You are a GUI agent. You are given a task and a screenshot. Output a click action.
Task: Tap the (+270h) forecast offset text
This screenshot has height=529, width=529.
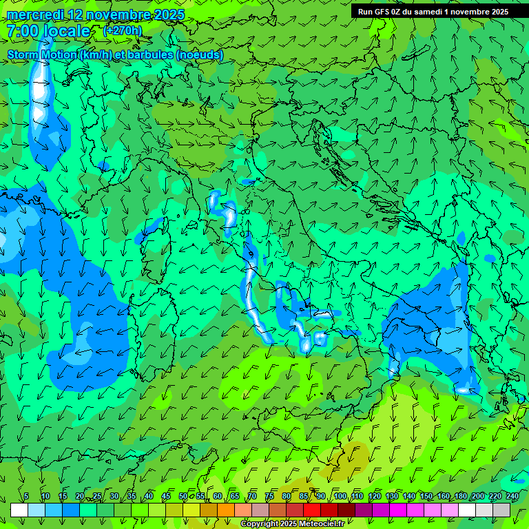click(x=122, y=30)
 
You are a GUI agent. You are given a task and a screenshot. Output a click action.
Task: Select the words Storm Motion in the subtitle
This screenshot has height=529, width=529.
click(x=42, y=55)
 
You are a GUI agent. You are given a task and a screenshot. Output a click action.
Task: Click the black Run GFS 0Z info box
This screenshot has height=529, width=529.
click(x=433, y=12)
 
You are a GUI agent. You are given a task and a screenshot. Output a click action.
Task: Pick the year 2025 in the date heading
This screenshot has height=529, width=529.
click(x=165, y=14)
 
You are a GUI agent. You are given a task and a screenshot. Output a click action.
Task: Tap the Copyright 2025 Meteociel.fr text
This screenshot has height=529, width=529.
click(x=292, y=524)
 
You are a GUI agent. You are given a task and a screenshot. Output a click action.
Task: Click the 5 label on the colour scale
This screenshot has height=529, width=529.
click(x=26, y=496)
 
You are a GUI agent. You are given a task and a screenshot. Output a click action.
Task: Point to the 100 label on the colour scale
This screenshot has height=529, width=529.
click(x=340, y=496)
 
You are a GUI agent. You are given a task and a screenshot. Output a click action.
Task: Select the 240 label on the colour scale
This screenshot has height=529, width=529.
click(x=512, y=496)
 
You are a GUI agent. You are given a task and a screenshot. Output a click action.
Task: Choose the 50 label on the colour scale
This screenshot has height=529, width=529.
click(x=183, y=496)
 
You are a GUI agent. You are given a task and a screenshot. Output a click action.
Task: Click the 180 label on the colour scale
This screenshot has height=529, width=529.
click(x=460, y=496)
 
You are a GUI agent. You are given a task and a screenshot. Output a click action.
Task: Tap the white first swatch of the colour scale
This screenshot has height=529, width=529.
click(x=19, y=510)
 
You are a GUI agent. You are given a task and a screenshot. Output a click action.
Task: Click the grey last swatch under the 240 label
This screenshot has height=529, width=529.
click(x=501, y=510)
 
